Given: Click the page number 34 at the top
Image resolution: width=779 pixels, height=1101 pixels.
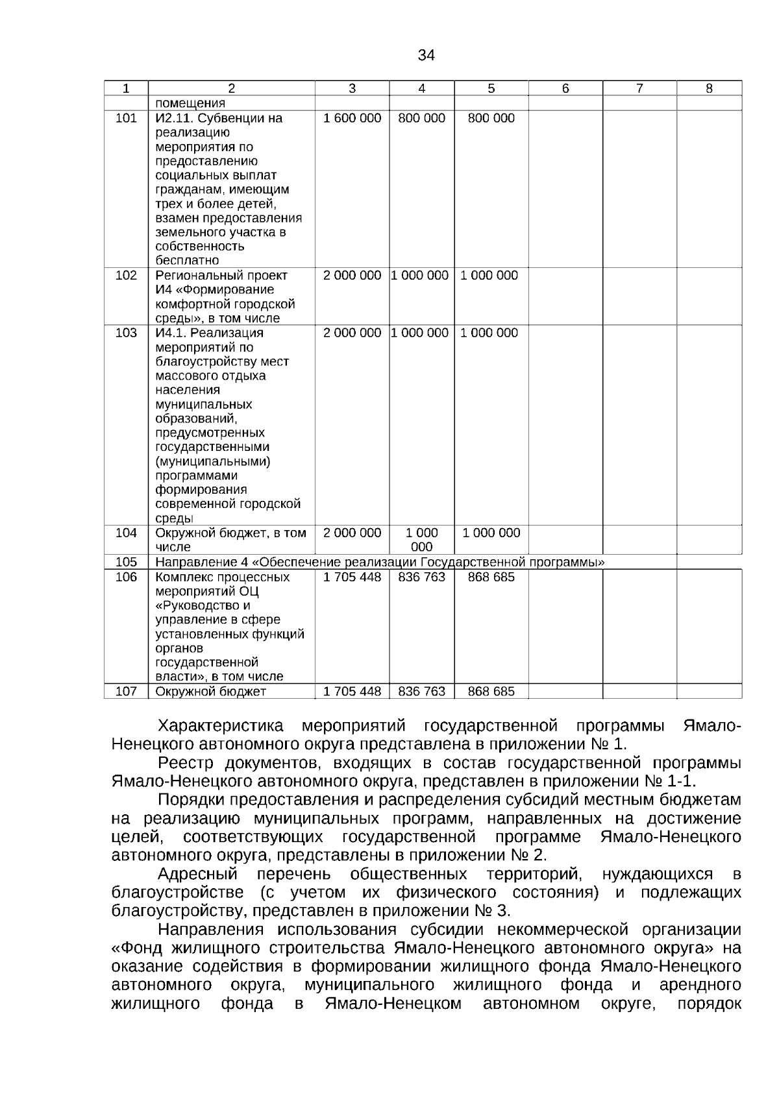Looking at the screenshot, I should point(426,55).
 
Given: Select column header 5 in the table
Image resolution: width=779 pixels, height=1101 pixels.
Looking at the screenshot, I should point(491,89).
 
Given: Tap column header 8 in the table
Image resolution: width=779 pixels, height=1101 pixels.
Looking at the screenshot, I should point(709,89).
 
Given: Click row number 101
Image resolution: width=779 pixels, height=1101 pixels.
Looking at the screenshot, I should point(126,118).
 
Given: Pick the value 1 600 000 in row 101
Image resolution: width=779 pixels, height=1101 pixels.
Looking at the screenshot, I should point(352,118).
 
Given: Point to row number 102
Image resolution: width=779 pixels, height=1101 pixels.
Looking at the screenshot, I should point(126,275).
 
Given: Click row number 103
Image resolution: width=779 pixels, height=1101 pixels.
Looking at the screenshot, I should point(126,333).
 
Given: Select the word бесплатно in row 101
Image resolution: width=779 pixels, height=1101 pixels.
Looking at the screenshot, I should point(187,261).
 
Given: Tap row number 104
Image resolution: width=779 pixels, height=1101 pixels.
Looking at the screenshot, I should point(126,533).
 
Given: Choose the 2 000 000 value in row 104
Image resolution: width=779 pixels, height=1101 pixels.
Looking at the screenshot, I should point(352,533).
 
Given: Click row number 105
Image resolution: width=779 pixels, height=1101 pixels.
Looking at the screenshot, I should point(126,563).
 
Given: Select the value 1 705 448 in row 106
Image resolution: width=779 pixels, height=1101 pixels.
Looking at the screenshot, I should point(352,577).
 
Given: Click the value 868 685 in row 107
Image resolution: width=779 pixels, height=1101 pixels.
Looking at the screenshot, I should point(491,692).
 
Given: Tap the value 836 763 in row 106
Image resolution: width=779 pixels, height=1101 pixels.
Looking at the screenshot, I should point(421,577).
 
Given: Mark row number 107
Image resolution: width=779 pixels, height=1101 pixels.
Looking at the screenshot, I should point(126,692).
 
